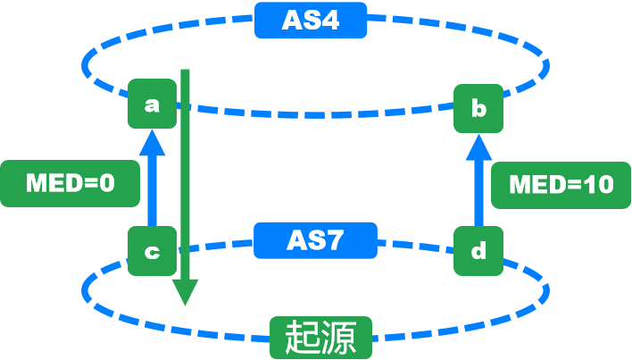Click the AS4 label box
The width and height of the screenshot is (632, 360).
(x=311, y=20)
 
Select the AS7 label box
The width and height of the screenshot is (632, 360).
(x=315, y=240)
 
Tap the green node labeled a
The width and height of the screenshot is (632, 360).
(x=151, y=105)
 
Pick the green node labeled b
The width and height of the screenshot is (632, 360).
(x=478, y=109)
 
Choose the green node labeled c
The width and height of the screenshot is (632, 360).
(x=151, y=251)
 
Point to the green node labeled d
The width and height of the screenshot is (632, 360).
(x=478, y=251)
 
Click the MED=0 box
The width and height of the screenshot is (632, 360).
(x=71, y=184)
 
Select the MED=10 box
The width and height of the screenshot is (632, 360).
(x=561, y=184)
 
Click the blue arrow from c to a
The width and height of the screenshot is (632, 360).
(x=152, y=183)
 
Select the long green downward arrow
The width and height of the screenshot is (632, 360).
(x=185, y=179)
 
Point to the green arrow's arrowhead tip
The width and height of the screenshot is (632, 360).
(x=185, y=302)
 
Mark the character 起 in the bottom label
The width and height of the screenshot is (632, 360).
(x=302, y=339)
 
